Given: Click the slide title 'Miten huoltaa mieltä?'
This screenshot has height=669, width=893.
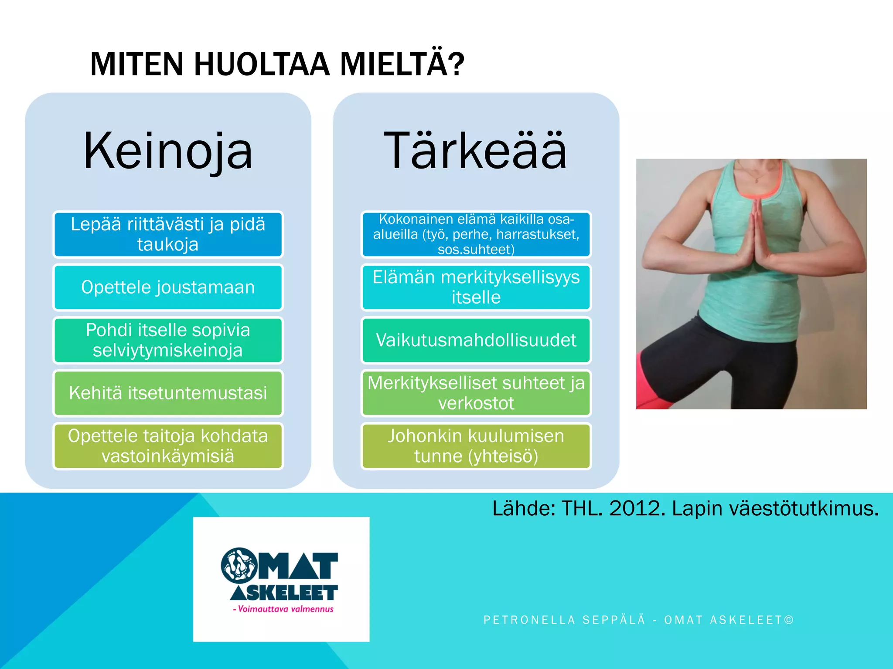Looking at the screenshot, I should click(x=277, y=64).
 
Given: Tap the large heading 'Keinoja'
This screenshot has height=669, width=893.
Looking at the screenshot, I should click(x=168, y=151).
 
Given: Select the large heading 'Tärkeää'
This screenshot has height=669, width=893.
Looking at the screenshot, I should click(x=475, y=151).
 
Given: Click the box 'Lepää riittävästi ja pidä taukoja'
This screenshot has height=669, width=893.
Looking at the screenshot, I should click(x=168, y=234).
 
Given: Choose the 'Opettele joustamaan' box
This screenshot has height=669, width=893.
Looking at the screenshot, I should click(x=168, y=287).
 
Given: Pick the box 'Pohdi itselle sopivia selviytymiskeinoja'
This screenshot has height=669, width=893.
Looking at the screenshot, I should click(x=168, y=340).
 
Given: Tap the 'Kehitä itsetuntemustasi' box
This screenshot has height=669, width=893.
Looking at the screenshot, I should click(x=168, y=393).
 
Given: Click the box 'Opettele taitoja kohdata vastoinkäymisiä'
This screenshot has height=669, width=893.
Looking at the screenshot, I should click(x=168, y=446).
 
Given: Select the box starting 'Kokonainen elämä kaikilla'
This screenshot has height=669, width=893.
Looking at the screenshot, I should click(x=476, y=234).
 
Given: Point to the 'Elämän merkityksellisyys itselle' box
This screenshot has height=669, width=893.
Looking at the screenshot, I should click(x=476, y=287).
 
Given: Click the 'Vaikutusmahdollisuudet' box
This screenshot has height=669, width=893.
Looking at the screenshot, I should click(x=476, y=340).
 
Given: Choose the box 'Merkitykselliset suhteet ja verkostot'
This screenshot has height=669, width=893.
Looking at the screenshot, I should click(x=476, y=393).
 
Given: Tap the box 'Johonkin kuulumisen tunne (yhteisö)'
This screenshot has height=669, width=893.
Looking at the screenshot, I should click(x=476, y=446).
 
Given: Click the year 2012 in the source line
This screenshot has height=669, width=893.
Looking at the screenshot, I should click(x=637, y=508).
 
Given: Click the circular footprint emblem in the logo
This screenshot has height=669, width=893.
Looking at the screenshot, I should click(x=239, y=565).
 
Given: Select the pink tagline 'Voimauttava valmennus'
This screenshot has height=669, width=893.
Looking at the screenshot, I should click(x=286, y=609).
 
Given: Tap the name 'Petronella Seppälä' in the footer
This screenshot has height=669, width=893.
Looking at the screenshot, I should click(x=564, y=620).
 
